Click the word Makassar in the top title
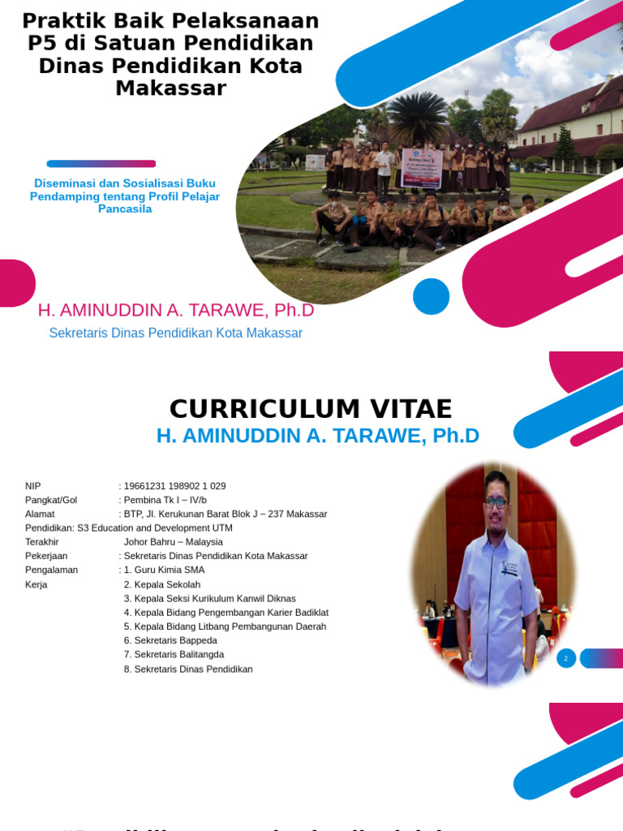[170, 88]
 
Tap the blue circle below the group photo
[431, 296]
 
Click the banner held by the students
[422, 168]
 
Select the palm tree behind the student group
[419, 118]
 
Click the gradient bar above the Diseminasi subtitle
[101, 164]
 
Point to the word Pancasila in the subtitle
[125, 209]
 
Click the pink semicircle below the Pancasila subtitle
[15, 283]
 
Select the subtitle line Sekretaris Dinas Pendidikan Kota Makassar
[176, 333]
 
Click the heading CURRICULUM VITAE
[311, 409]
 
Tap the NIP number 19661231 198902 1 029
[174, 486]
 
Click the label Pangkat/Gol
[51, 500]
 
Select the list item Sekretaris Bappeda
[170, 640]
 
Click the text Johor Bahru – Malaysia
[173, 542]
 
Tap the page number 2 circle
[566, 658]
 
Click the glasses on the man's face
[496, 502]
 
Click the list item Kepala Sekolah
[162, 584]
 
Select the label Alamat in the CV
[41, 514]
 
